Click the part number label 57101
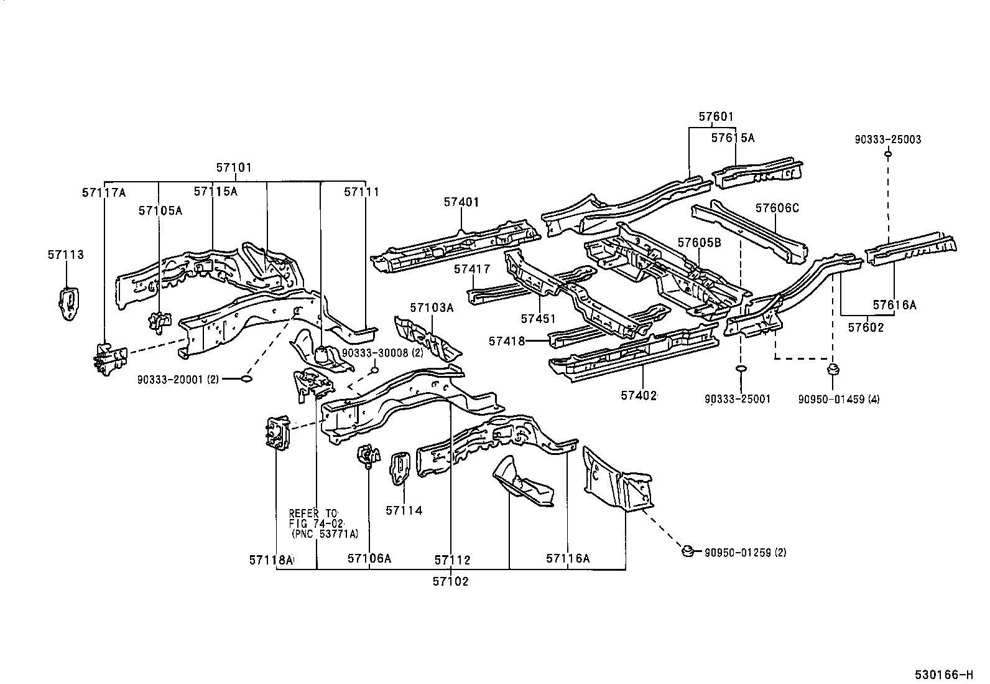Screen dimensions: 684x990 (234, 167)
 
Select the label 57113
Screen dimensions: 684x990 (65, 255)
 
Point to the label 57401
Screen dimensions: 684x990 (461, 202)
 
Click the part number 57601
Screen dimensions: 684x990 (716, 116)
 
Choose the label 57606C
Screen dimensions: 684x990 (777, 208)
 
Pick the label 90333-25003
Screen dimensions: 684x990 (888, 139)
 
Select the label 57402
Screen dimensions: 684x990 (639, 395)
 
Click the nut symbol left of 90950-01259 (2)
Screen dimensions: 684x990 (687, 551)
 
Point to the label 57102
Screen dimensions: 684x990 (451, 582)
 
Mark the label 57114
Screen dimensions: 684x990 (404, 510)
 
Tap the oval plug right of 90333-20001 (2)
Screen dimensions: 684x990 (246, 378)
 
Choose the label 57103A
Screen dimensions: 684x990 (432, 307)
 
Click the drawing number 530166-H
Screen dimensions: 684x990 (942, 674)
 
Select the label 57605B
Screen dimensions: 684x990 (699, 243)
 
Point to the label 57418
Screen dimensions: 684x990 (507, 341)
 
